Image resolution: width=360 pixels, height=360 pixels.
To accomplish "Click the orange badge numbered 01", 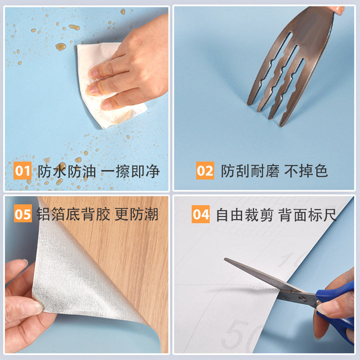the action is [x=22, y=170].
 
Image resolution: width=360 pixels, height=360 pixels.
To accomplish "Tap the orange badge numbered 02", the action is [x=205, y=170].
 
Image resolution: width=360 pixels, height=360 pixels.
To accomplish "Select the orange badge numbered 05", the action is [x=22, y=213].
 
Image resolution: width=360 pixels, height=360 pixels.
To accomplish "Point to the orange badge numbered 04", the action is [x=200, y=214].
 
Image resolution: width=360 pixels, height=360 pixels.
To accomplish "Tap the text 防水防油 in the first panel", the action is [x=66, y=171].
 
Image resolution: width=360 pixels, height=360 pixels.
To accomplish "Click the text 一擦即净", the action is [x=130, y=171].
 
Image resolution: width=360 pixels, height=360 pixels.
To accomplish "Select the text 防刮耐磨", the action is [x=250, y=171].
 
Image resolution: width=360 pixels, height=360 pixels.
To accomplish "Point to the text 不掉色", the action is [x=306, y=171].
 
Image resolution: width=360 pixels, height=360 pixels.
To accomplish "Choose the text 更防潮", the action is [x=136, y=214].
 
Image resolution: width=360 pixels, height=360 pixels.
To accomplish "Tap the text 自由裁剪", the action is [x=244, y=214].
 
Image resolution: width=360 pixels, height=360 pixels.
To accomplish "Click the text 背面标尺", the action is [x=307, y=214].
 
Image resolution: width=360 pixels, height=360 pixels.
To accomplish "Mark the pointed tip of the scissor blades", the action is [x=225, y=259].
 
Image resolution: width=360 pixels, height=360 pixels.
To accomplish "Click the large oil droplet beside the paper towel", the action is [x=60, y=47].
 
